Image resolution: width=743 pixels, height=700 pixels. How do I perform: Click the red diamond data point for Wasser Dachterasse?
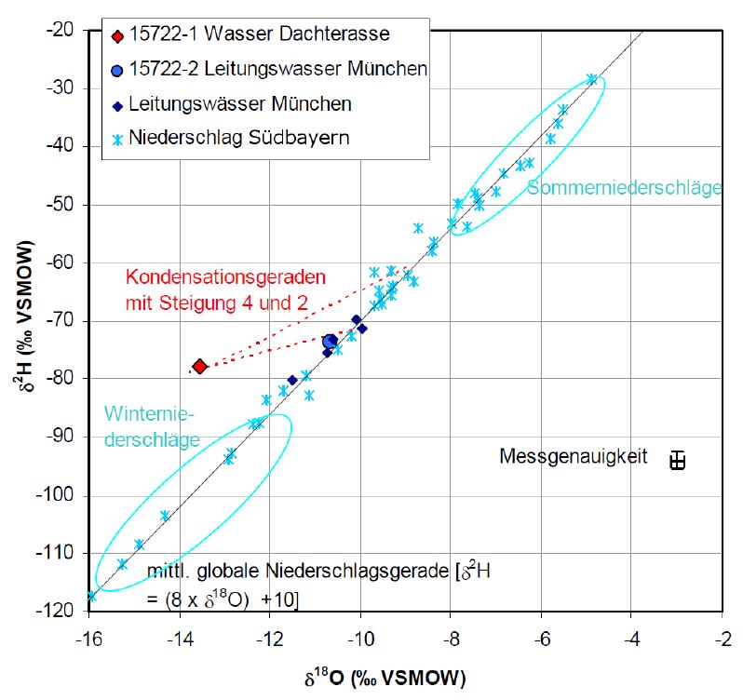click(199, 366)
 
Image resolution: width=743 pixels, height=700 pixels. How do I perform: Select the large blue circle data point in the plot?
click(330, 343)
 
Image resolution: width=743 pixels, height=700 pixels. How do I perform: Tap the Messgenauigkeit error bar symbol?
click(678, 460)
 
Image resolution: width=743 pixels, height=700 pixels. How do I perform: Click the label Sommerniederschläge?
click(624, 189)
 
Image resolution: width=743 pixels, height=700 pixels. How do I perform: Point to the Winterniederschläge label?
click(152, 426)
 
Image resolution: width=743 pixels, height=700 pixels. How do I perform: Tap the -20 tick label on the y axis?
click(62, 30)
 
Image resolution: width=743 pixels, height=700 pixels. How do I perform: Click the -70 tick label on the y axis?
click(62, 320)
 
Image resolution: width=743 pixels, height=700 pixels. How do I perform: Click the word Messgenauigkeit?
click(573, 457)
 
